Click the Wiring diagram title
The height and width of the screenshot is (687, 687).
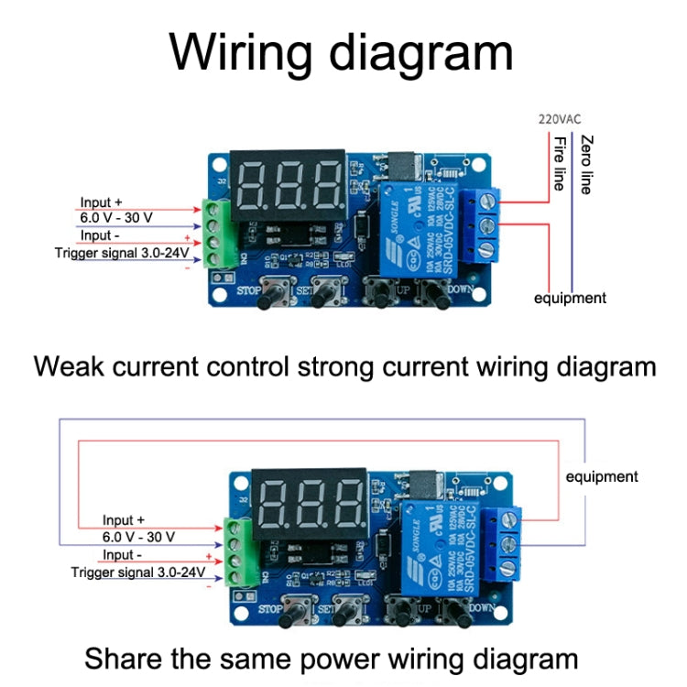(342, 52)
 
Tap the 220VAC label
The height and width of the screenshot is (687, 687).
(559, 118)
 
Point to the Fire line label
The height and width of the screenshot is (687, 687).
(559, 163)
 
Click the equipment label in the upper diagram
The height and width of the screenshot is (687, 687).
(571, 298)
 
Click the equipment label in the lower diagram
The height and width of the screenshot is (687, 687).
(602, 476)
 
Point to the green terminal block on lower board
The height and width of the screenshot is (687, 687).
(235, 550)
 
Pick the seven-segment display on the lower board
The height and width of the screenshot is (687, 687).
(309, 502)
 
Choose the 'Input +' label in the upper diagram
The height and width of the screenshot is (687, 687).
(101, 202)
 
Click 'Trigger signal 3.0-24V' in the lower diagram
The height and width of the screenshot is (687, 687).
(137, 572)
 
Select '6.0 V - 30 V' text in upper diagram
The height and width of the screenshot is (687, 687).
(114, 218)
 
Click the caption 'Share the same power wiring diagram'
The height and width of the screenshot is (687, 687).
(332, 659)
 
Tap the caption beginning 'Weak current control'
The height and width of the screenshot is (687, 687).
(344, 367)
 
